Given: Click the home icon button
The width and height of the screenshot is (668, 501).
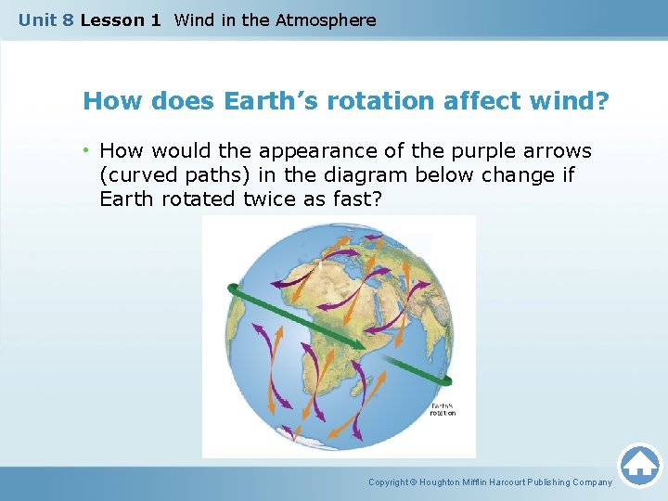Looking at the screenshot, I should (x=639, y=464).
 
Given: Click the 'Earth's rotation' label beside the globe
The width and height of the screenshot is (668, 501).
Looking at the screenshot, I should (x=443, y=409).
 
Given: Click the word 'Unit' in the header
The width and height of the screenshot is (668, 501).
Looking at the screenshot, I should (x=38, y=19).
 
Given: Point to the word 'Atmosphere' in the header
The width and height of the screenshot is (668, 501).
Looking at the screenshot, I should (x=327, y=19).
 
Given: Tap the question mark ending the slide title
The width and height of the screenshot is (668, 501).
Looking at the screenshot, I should (x=604, y=100).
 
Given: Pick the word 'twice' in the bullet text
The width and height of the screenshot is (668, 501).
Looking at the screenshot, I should (x=268, y=199).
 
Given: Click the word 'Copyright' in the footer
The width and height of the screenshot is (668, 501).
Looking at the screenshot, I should (x=389, y=482).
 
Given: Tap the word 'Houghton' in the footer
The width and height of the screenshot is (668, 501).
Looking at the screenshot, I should (x=449, y=482).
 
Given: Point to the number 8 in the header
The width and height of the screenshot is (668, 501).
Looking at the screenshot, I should (x=68, y=19).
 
